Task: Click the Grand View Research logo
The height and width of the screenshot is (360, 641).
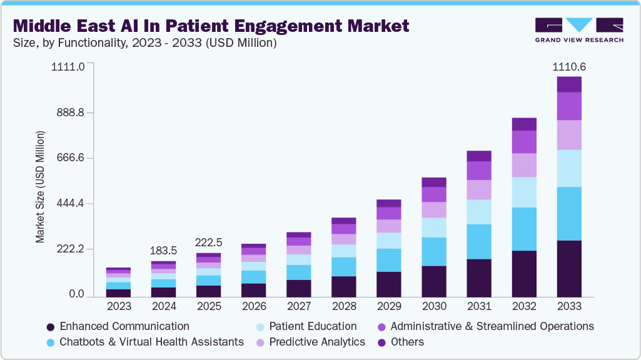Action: pyautogui.click(x=579, y=29)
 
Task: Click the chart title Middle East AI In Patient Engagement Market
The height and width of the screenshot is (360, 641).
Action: pyautogui.click(x=211, y=26)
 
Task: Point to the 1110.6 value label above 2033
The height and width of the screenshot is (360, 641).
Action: pyautogui.click(x=568, y=67)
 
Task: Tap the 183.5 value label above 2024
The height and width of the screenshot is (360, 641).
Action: pyautogui.click(x=164, y=251)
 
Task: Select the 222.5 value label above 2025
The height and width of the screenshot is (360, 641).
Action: pyautogui.click(x=209, y=242)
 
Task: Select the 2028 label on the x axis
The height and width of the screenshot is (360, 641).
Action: pyautogui.click(x=344, y=307)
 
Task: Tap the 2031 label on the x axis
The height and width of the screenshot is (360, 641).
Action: pyautogui.click(x=479, y=307)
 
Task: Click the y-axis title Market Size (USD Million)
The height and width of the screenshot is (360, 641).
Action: pyautogui.click(x=41, y=187)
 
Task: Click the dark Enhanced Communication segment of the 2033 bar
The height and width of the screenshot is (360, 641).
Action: pyautogui.click(x=569, y=269)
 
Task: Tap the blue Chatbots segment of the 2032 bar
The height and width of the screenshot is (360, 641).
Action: pyautogui.click(x=524, y=229)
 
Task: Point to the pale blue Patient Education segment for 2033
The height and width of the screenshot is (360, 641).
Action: pyautogui.click(x=569, y=168)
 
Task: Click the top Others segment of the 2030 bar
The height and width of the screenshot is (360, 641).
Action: pyautogui.click(x=434, y=182)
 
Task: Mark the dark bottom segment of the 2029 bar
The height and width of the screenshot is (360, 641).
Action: pyautogui.click(x=389, y=284)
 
